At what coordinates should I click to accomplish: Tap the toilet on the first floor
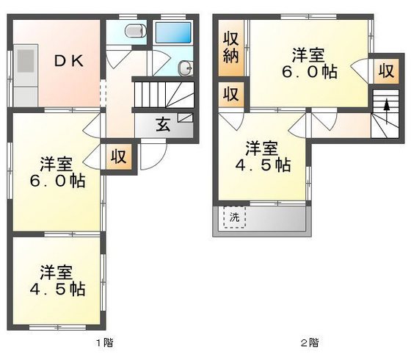pyautogui.click(x=134, y=31)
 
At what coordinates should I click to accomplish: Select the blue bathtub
pyautogui.click(x=172, y=32)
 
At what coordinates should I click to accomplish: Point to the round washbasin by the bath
pyautogui.click(x=185, y=69)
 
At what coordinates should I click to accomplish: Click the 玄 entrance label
pyautogui.click(x=162, y=123)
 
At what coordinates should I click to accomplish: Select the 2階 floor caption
pyautogui.click(x=308, y=342)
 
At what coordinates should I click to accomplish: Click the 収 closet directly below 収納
pyautogui.click(x=230, y=94)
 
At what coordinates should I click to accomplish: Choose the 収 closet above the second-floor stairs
pyautogui.click(x=385, y=71)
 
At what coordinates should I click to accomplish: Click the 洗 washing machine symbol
pyautogui.click(x=234, y=217)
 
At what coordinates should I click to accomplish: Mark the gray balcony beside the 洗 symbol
pyautogui.click(x=276, y=218)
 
